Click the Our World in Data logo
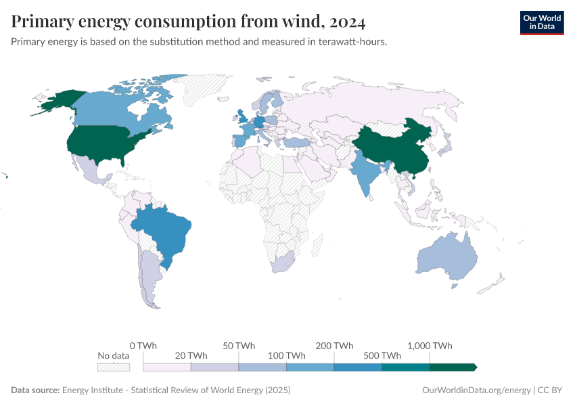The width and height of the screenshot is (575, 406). (x=541, y=22)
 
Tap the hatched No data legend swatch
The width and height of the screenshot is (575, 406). (x=113, y=367)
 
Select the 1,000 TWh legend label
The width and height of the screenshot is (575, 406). (x=430, y=345)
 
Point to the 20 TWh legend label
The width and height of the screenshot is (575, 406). (x=191, y=355)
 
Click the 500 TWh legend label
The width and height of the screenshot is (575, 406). (x=382, y=355)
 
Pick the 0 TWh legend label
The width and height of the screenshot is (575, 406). (x=143, y=345)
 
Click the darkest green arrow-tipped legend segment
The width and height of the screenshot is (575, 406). (x=453, y=367)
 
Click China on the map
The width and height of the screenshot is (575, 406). (x=392, y=145)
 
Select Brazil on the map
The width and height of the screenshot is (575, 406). (x=166, y=230)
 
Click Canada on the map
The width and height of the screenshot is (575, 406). (x=115, y=112)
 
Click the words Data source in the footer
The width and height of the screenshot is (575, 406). (x=34, y=390)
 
